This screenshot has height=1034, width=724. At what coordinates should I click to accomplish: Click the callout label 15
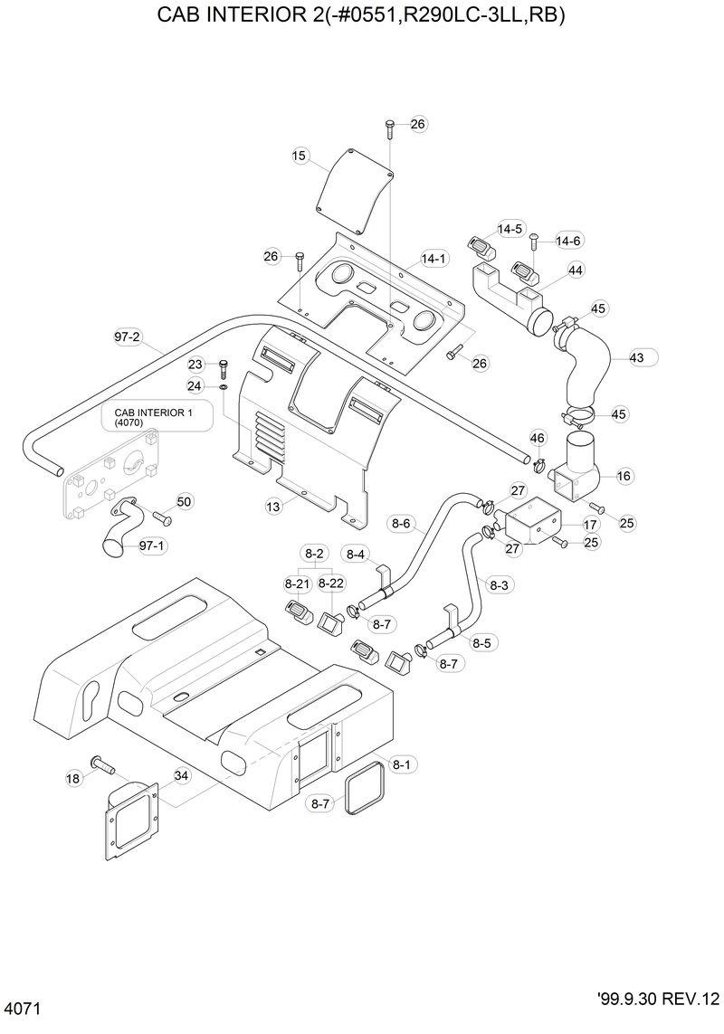pos(300,156)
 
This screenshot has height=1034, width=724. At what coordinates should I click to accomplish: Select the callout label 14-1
pos(434,259)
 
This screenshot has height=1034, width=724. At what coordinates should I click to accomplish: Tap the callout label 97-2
pos(128,337)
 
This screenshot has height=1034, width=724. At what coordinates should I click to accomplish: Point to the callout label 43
pos(636,357)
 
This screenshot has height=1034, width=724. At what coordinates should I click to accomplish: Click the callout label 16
pos(624,475)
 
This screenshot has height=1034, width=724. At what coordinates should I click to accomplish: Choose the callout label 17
pos(590,524)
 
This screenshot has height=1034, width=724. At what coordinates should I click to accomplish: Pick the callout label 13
pos(274,508)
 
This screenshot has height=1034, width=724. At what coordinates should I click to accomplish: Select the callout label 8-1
pos(400,764)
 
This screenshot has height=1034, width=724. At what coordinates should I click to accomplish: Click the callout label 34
pos(181,775)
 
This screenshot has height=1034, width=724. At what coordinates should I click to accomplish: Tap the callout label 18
pos(74,777)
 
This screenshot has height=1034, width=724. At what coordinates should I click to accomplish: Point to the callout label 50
pos(184,501)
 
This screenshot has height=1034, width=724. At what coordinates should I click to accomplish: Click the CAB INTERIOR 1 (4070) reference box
pos(156,416)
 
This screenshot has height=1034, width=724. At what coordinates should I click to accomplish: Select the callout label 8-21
pos(298,583)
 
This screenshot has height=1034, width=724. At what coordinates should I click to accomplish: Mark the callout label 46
pos(538,438)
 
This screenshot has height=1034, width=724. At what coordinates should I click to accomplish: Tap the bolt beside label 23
pos(224,367)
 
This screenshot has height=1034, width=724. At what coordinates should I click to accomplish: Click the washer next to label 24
pos(223,387)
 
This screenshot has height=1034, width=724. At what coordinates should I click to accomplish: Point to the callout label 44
pos(576,270)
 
